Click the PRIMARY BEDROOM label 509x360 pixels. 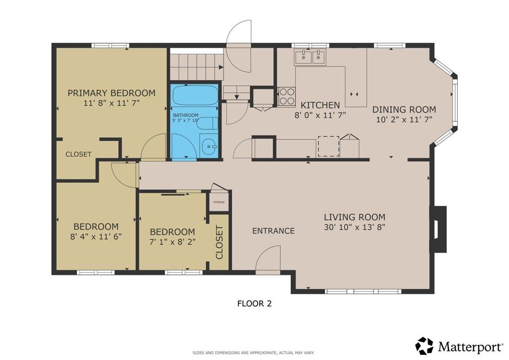[111, 93]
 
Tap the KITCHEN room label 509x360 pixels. [320, 105]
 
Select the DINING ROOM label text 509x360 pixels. [404, 109]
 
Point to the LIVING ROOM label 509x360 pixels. [354, 217]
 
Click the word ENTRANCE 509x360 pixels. [273, 231]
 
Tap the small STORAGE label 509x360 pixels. [219, 202]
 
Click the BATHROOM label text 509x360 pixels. [185, 115]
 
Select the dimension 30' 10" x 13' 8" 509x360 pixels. [354, 227]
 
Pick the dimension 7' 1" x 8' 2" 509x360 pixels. [172, 242]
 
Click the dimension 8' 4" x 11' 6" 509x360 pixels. [96, 236]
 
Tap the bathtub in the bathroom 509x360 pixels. [195, 95]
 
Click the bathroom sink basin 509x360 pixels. [209, 147]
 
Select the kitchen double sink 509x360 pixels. [310, 57]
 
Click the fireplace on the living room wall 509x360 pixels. [438, 229]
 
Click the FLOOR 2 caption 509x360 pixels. [254, 303]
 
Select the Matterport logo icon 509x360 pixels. [424, 346]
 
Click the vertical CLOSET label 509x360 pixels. [219, 242]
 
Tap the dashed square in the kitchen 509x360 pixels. [329, 146]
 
